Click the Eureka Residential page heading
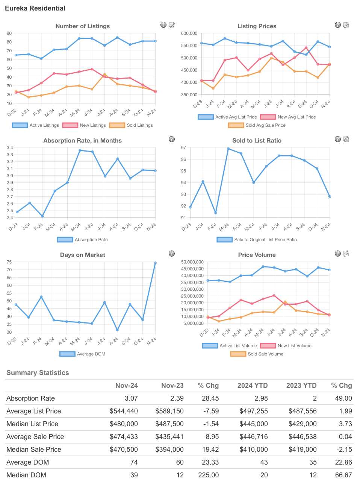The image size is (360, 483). [x=35, y=8]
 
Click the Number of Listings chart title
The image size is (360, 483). [x=83, y=26]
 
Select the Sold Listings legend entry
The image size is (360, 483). [x=131, y=125]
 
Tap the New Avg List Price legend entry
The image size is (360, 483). [x=288, y=117]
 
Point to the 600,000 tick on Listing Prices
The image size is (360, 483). [x=189, y=33]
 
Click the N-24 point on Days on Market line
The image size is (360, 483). [x=155, y=263]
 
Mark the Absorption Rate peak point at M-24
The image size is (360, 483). [x=80, y=150]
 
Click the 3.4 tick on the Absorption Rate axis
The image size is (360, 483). [x=10, y=148]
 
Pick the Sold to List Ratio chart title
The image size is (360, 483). [x=257, y=141]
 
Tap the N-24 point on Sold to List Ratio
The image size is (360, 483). [x=330, y=196]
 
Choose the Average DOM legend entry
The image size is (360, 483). [x=83, y=354]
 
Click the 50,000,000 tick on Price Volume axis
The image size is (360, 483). [x=192, y=262]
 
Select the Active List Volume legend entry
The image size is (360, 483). [x=230, y=346]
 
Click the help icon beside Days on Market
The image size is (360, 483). [x=172, y=254]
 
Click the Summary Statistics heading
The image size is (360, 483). [x=38, y=373]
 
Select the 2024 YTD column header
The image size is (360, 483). [x=253, y=386]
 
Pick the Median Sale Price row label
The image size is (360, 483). [x=34, y=450]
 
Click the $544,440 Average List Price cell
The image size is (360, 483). [x=124, y=411]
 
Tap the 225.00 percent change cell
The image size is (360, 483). [x=208, y=475]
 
